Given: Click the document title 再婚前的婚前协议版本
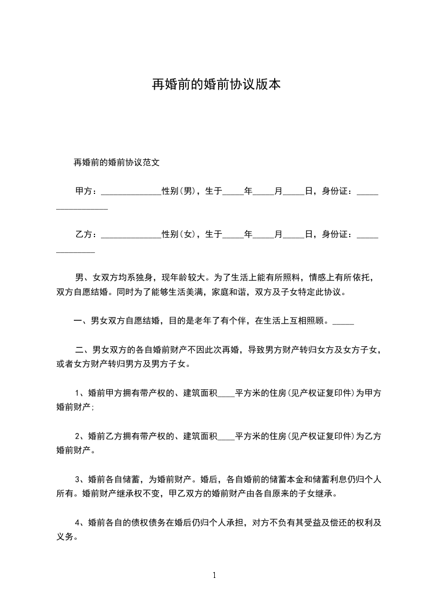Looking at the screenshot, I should pyautogui.click(x=215, y=85).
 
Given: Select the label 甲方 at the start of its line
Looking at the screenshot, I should pyautogui.click(x=84, y=191).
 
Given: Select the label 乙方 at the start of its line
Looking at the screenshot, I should pyautogui.click(x=84, y=234).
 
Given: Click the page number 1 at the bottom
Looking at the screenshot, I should pyautogui.click(x=214, y=575).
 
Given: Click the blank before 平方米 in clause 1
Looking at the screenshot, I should pyautogui.click(x=226, y=395).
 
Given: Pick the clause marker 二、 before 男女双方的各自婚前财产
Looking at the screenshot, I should pyautogui.click(x=84, y=350).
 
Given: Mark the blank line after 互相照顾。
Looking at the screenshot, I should pyautogui.click(x=343, y=322).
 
